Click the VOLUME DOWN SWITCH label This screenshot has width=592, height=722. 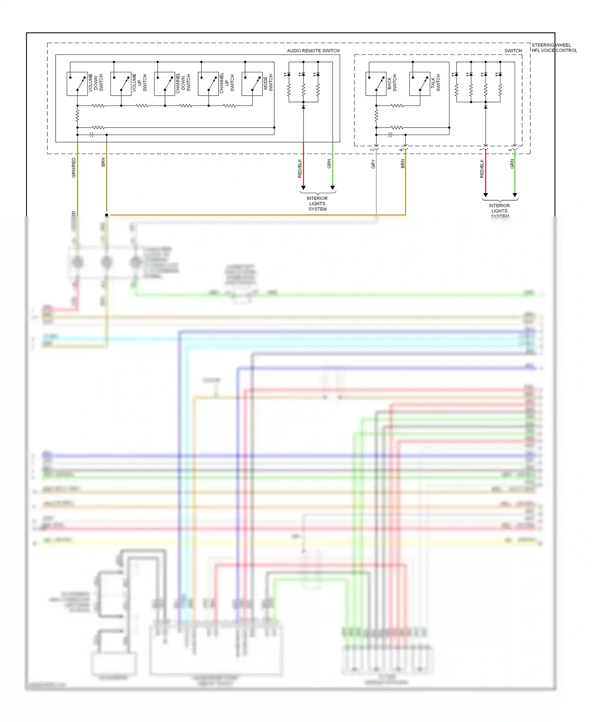[x=96, y=83]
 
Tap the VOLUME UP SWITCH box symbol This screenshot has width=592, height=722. [x=120, y=84]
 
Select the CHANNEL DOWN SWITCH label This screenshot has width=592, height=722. [x=183, y=83]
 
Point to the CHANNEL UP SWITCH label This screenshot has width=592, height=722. [x=227, y=83]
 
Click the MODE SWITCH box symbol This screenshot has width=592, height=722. [x=252, y=84]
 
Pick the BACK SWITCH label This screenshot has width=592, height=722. [x=392, y=84]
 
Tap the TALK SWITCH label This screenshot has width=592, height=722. [x=435, y=84]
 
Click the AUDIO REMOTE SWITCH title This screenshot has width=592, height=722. [x=313, y=51]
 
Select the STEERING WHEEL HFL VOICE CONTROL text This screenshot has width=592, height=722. [x=554, y=47]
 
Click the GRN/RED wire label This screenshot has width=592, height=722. [x=73, y=167]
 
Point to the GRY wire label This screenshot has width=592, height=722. [x=373, y=164]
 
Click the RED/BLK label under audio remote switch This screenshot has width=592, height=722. [x=300, y=168]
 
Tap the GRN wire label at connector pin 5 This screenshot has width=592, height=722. [x=512, y=164]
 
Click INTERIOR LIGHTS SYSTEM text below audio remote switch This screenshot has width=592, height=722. [x=317, y=204]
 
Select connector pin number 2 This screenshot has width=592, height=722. [x=372, y=150]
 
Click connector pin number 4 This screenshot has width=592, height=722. [x=401, y=150]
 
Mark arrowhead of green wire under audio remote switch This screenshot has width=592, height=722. [x=332, y=188]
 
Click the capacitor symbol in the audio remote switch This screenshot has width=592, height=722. [x=92, y=135]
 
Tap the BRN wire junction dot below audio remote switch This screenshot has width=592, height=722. [x=107, y=215]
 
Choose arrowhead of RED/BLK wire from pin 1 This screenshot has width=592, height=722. [x=485, y=195]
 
